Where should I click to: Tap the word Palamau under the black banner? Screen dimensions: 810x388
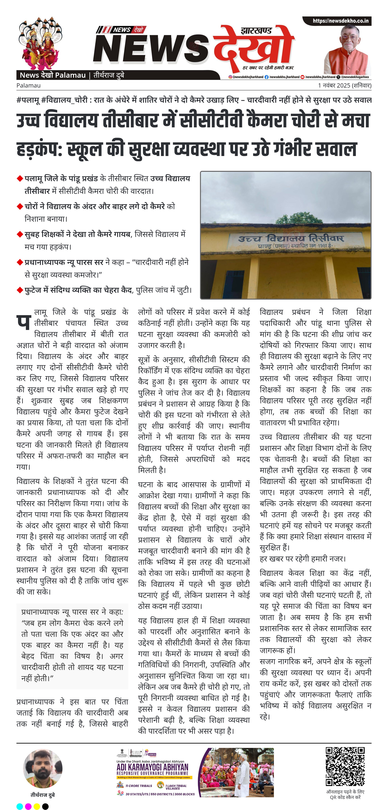point(29,86)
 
